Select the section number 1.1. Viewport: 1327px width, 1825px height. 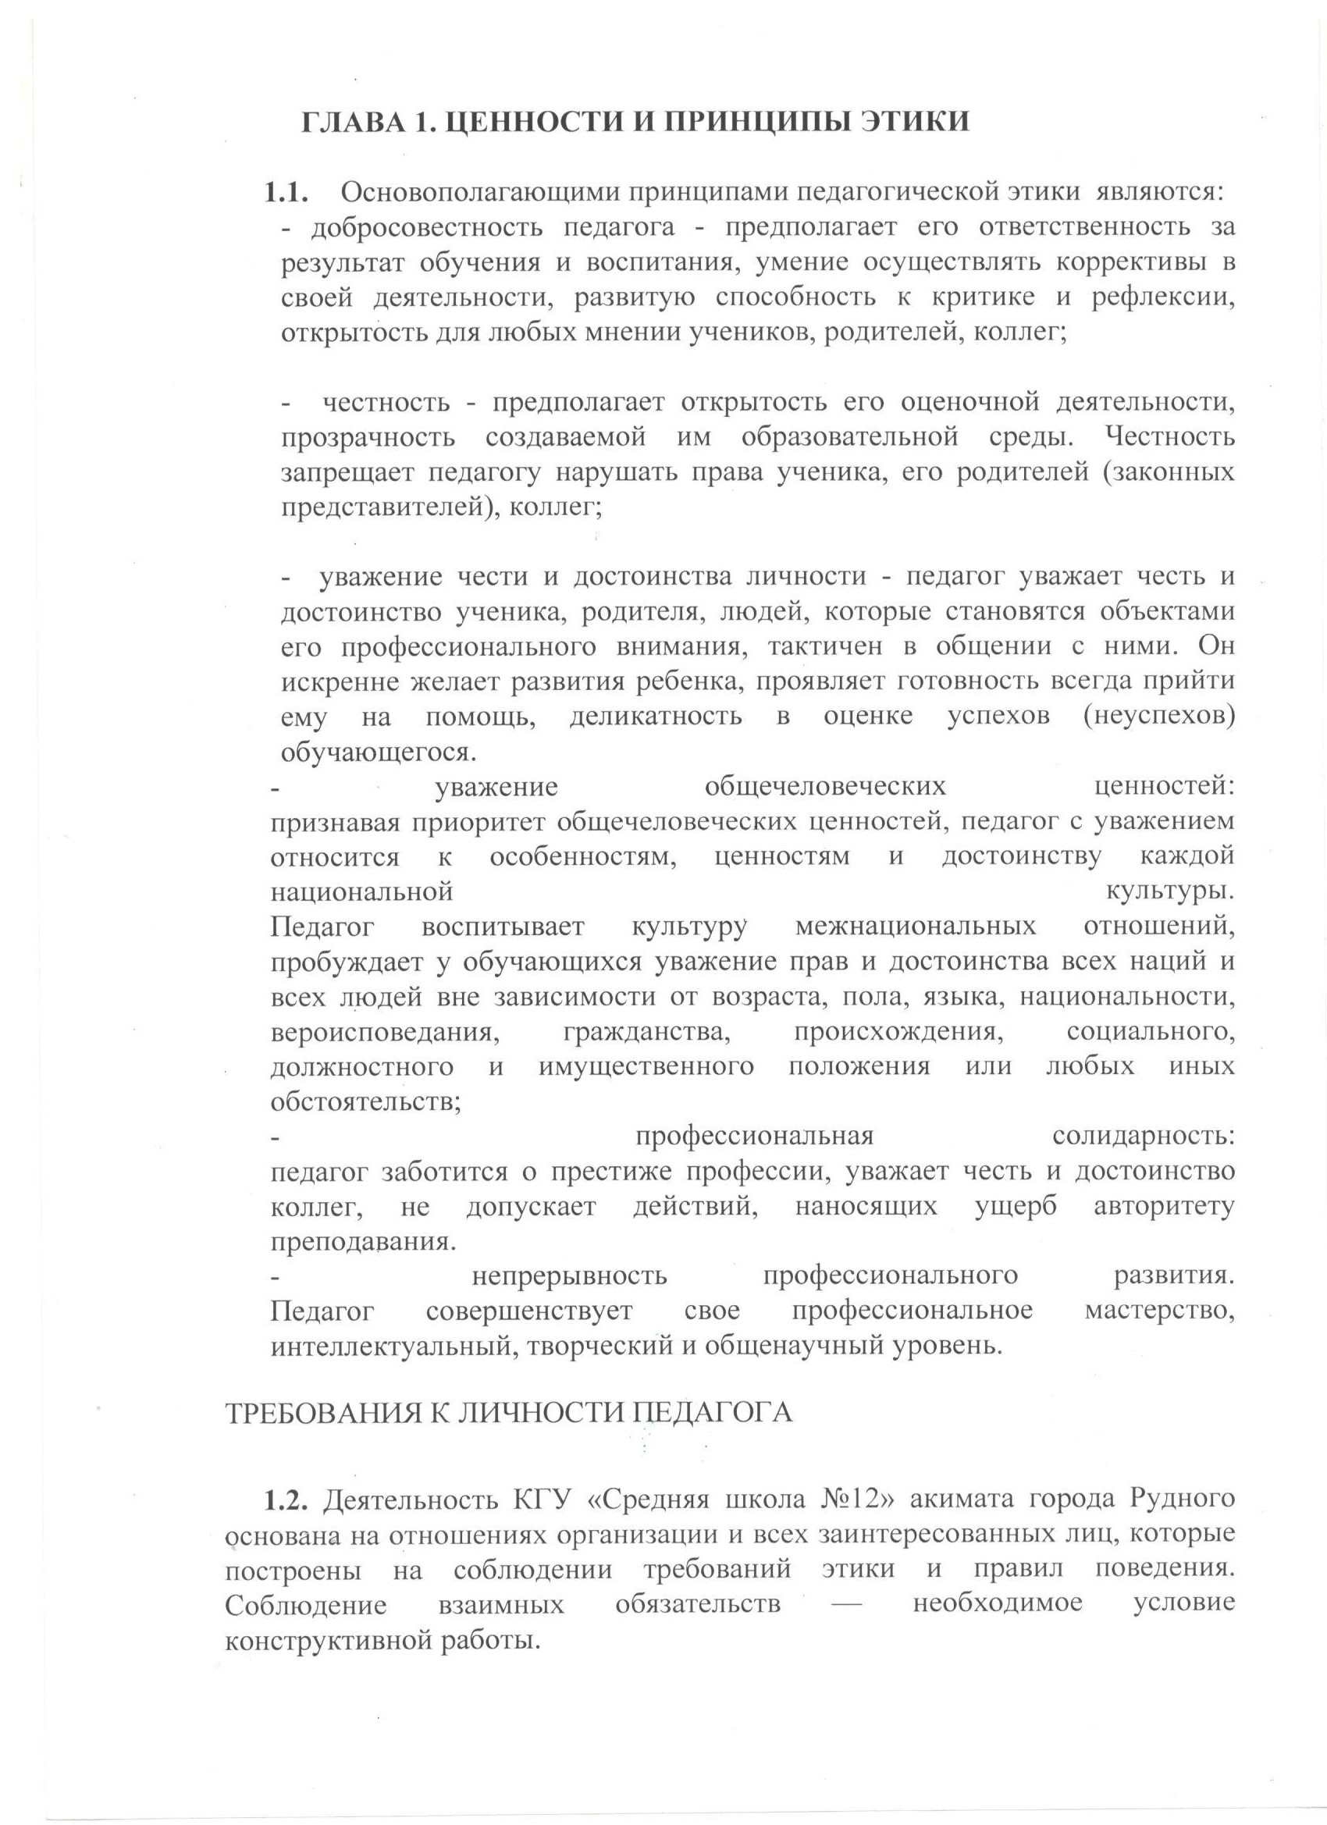click(x=287, y=193)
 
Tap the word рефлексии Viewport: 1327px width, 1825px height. click(x=1162, y=297)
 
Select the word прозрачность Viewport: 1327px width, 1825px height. click(x=368, y=438)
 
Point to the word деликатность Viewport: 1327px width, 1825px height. click(x=655, y=716)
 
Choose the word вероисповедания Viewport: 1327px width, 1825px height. click(x=382, y=1032)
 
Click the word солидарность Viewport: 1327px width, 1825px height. click(x=1142, y=1137)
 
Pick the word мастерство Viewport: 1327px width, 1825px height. click(x=1159, y=1311)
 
